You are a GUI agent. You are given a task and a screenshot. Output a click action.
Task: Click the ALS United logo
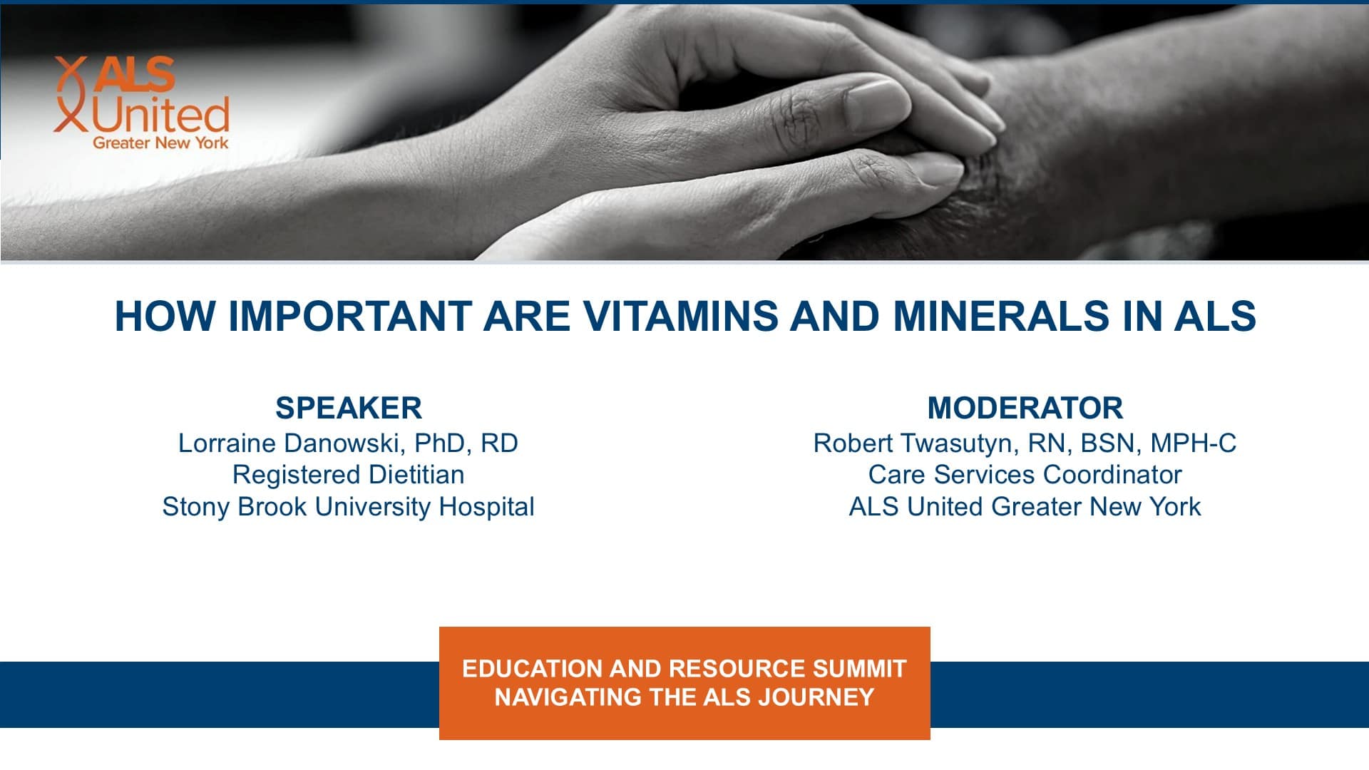pos(142,103)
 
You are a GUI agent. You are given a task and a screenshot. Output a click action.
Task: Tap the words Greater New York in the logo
pos(160,143)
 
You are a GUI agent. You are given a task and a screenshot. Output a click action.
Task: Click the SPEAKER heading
pos(349,408)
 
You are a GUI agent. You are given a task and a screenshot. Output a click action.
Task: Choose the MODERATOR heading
pos(1025,408)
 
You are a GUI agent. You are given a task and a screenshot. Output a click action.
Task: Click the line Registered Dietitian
pos(349,475)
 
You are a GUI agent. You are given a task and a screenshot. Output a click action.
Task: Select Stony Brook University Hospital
pos(349,506)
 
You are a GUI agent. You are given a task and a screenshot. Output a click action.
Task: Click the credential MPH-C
pos(1194,443)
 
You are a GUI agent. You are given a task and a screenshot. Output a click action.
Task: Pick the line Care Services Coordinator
pos(1025,475)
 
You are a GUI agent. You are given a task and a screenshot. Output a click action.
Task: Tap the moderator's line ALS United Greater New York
pos(1025,506)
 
